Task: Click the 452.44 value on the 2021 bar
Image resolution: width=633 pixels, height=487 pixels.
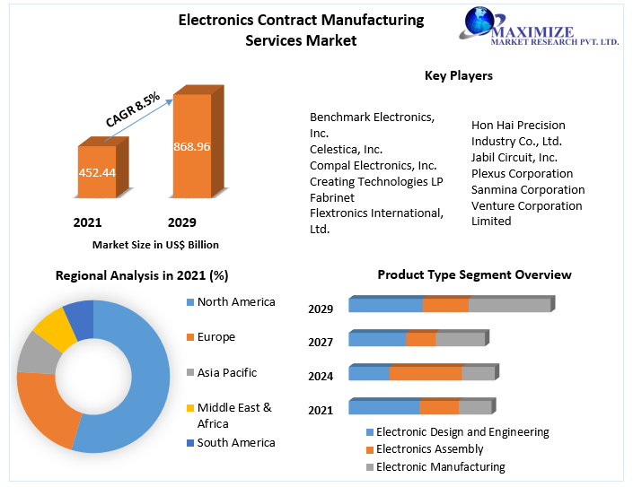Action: coord(97,173)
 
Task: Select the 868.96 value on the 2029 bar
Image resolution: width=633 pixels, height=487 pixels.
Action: coord(192,146)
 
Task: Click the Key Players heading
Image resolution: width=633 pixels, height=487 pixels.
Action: coord(458,76)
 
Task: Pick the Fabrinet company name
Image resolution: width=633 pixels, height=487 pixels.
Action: coord(332,197)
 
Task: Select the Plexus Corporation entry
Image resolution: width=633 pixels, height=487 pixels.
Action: coord(522,174)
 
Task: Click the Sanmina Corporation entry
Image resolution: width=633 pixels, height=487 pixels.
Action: coord(528,190)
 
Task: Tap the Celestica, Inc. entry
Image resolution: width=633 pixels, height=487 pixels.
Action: coord(346,149)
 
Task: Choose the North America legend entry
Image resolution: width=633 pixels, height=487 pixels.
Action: coord(235,302)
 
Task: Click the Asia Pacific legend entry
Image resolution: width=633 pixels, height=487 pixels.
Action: coord(226,373)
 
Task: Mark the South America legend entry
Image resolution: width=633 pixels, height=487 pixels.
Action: coord(235,443)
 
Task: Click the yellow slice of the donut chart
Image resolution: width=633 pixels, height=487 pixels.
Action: coord(57,326)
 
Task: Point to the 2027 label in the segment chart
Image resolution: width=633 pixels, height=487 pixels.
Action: coord(321,343)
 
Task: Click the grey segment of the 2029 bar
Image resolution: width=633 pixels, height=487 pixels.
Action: coord(508,306)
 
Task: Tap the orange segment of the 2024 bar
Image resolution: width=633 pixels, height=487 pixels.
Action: coord(425,373)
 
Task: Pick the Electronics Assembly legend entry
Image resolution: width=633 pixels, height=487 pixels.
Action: coord(429,449)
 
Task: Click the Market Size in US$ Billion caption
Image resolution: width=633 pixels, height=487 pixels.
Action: coord(155,245)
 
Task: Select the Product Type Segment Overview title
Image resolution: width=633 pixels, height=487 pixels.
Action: coord(474,275)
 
